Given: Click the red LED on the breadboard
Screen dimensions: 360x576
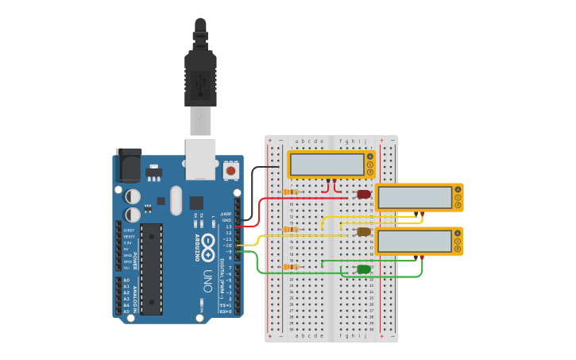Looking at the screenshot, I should click(x=364, y=194).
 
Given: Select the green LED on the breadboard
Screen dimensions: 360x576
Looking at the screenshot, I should click(x=364, y=269).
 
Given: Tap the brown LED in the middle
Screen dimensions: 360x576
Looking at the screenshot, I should click(x=364, y=232).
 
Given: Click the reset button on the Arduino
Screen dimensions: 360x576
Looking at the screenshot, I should click(x=231, y=169).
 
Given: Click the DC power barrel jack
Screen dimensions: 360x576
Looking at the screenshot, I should click(x=129, y=165).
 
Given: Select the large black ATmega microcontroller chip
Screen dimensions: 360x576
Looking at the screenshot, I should click(x=152, y=269).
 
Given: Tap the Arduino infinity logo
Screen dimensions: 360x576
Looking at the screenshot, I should click(x=208, y=242).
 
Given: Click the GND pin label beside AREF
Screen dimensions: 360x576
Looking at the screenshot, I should click(x=227, y=220).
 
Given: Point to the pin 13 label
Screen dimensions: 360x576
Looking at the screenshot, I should click(x=228, y=226).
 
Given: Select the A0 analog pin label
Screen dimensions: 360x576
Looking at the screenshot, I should click(x=127, y=281).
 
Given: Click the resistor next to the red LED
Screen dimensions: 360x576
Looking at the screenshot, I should click(x=291, y=192).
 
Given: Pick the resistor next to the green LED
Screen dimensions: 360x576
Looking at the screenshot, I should click(x=291, y=267).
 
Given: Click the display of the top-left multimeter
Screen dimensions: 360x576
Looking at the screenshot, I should click(x=327, y=165).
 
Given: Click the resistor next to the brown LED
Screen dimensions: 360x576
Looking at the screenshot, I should click(x=291, y=230).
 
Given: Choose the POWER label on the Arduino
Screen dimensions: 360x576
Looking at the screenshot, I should click(x=135, y=261).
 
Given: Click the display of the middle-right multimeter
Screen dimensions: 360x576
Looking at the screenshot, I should click(x=414, y=198).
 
